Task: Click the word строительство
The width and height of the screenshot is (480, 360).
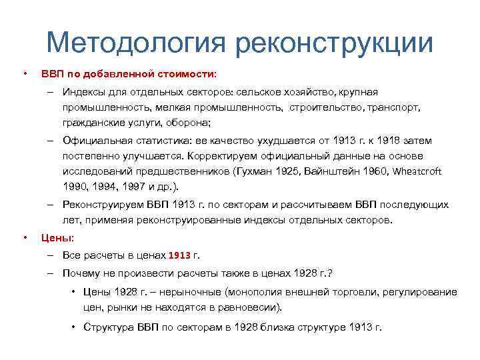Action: pos(326,107)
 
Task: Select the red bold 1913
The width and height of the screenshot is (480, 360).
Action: pos(179,255)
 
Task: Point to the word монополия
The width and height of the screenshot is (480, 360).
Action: pos(254,292)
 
